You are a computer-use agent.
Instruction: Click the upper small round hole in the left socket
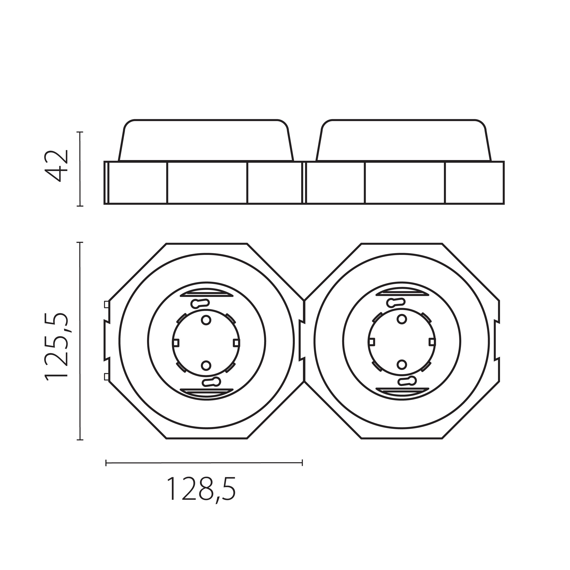(x=206, y=320)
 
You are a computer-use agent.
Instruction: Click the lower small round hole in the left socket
(x=206, y=366)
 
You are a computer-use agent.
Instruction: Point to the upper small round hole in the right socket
(x=402, y=319)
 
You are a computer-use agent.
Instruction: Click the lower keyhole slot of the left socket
(x=212, y=382)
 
